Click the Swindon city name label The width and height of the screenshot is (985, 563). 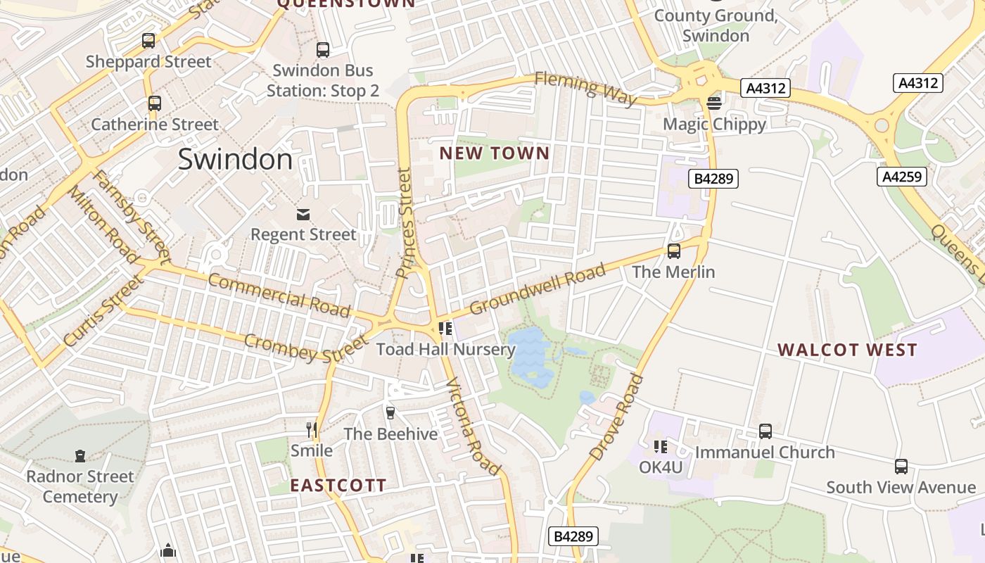pyautogui.click(x=235, y=160)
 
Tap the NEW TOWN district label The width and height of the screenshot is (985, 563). pyautogui.click(x=494, y=153)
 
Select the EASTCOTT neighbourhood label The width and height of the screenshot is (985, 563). pyautogui.click(x=338, y=485)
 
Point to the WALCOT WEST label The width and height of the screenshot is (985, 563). pyautogui.click(x=847, y=350)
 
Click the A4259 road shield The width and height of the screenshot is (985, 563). pyautogui.click(x=901, y=176)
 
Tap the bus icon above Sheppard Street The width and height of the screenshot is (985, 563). pyautogui.click(x=148, y=41)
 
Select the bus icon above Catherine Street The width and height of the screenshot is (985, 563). pyautogui.click(x=154, y=103)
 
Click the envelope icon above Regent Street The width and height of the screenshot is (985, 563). pyautogui.click(x=303, y=214)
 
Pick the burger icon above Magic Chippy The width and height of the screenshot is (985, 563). pyautogui.click(x=714, y=103)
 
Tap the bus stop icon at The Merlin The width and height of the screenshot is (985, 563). pyautogui.click(x=673, y=251)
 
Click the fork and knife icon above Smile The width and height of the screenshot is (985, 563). pyautogui.click(x=312, y=429)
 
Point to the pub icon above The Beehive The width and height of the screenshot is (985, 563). pyautogui.click(x=390, y=413)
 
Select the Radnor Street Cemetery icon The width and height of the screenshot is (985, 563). pyautogui.click(x=80, y=456)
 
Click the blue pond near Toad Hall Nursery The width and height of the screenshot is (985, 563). pyautogui.click(x=532, y=355)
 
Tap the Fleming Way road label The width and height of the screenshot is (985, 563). pyautogui.click(x=586, y=88)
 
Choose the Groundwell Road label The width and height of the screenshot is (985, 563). pyautogui.click(x=538, y=289)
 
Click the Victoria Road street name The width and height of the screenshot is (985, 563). pyautogui.click(x=474, y=426)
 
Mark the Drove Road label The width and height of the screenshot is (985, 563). pyautogui.click(x=617, y=418)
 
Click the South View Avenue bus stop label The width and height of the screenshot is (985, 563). pyautogui.click(x=901, y=487)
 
